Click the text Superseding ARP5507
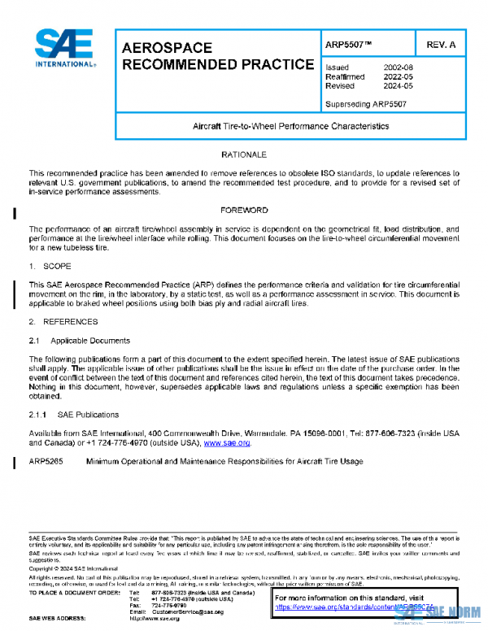coord(365,104)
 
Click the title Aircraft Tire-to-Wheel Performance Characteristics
coord(290,127)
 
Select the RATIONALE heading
coord(244,154)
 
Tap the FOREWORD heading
coord(244,210)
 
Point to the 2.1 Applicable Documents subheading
coord(79,341)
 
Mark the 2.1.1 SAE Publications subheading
coord(74,415)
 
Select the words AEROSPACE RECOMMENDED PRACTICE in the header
coord(217,56)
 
